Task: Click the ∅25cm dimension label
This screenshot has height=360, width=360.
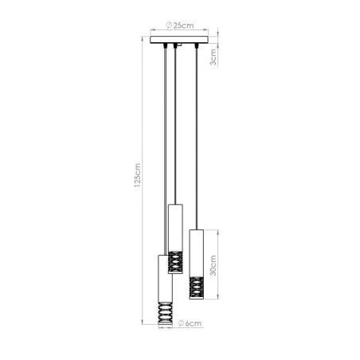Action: (179, 25)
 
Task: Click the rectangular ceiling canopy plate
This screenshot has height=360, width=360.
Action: (179, 38)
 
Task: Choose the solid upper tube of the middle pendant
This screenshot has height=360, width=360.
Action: (177, 225)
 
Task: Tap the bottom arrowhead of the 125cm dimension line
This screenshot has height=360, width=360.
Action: (144, 327)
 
